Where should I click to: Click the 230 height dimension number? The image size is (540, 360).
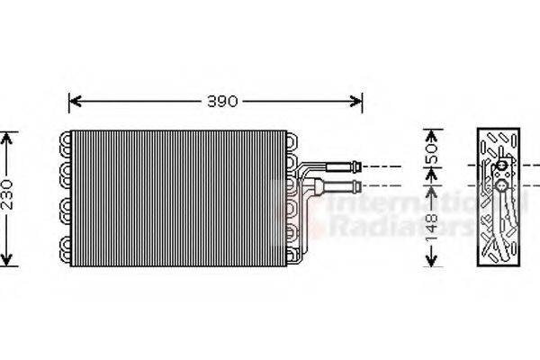[x=8, y=198]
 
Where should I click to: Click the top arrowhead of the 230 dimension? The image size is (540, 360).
[x=8, y=136]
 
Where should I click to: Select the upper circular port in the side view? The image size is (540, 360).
[x=499, y=166]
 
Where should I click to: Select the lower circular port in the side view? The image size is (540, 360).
[x=499, y=187]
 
